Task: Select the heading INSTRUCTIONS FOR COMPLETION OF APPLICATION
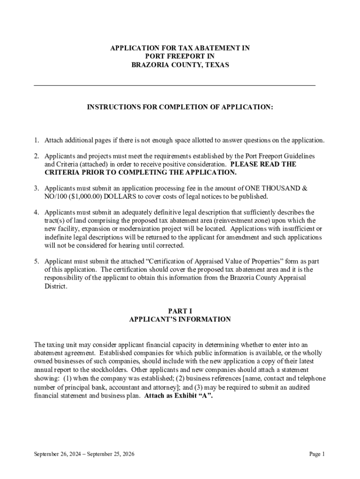(180, 107)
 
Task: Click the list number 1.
(36, 140)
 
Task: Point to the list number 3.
(36, 188)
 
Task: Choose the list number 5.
(36, 261)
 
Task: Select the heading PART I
(180, 311)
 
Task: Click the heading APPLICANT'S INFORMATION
(180, 319)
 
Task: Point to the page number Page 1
(317, 454)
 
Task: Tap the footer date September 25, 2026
(112, 454)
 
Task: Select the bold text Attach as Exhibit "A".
(179, 396)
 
